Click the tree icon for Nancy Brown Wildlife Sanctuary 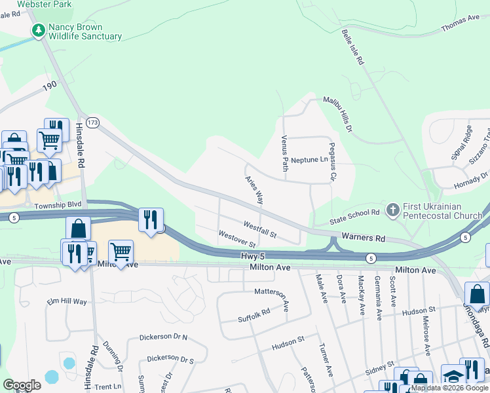38,31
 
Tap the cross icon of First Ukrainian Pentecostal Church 392,210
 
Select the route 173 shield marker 92,122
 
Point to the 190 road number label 50,86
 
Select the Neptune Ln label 309,160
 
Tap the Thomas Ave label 461,24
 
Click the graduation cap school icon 452,376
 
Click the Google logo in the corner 22,385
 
